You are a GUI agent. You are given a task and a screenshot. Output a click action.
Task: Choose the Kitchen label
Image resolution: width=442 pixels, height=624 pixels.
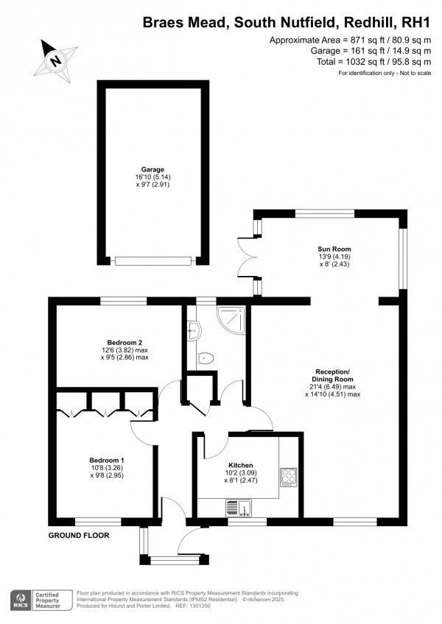click(x=241, y=466)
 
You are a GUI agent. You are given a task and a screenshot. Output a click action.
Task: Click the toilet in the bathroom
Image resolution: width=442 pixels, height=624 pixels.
click(x=206, y=358)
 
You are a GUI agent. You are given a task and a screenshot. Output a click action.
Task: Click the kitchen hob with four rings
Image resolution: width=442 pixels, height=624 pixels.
click(x=288, y=477)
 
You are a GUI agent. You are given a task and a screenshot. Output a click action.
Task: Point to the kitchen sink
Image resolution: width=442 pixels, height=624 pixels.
click(x=240, y=507)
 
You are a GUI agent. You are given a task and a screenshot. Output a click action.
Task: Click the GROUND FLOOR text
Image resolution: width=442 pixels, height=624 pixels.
click(x=79, y=536)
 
